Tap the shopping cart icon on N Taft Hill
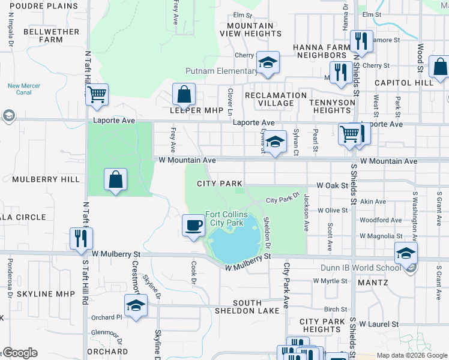pos(97,94)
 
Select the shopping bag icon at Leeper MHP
pos(184,94)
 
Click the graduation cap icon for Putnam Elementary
pos(268,62)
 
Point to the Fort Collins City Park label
pos(224,218)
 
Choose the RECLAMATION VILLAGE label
pos(276,99)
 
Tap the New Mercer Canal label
pos(24,89)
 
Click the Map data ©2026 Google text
pos(411,355)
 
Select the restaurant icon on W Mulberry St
pos(80,238)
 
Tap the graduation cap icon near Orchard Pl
pos(136,305)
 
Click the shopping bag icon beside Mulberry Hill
pos(115,179)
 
